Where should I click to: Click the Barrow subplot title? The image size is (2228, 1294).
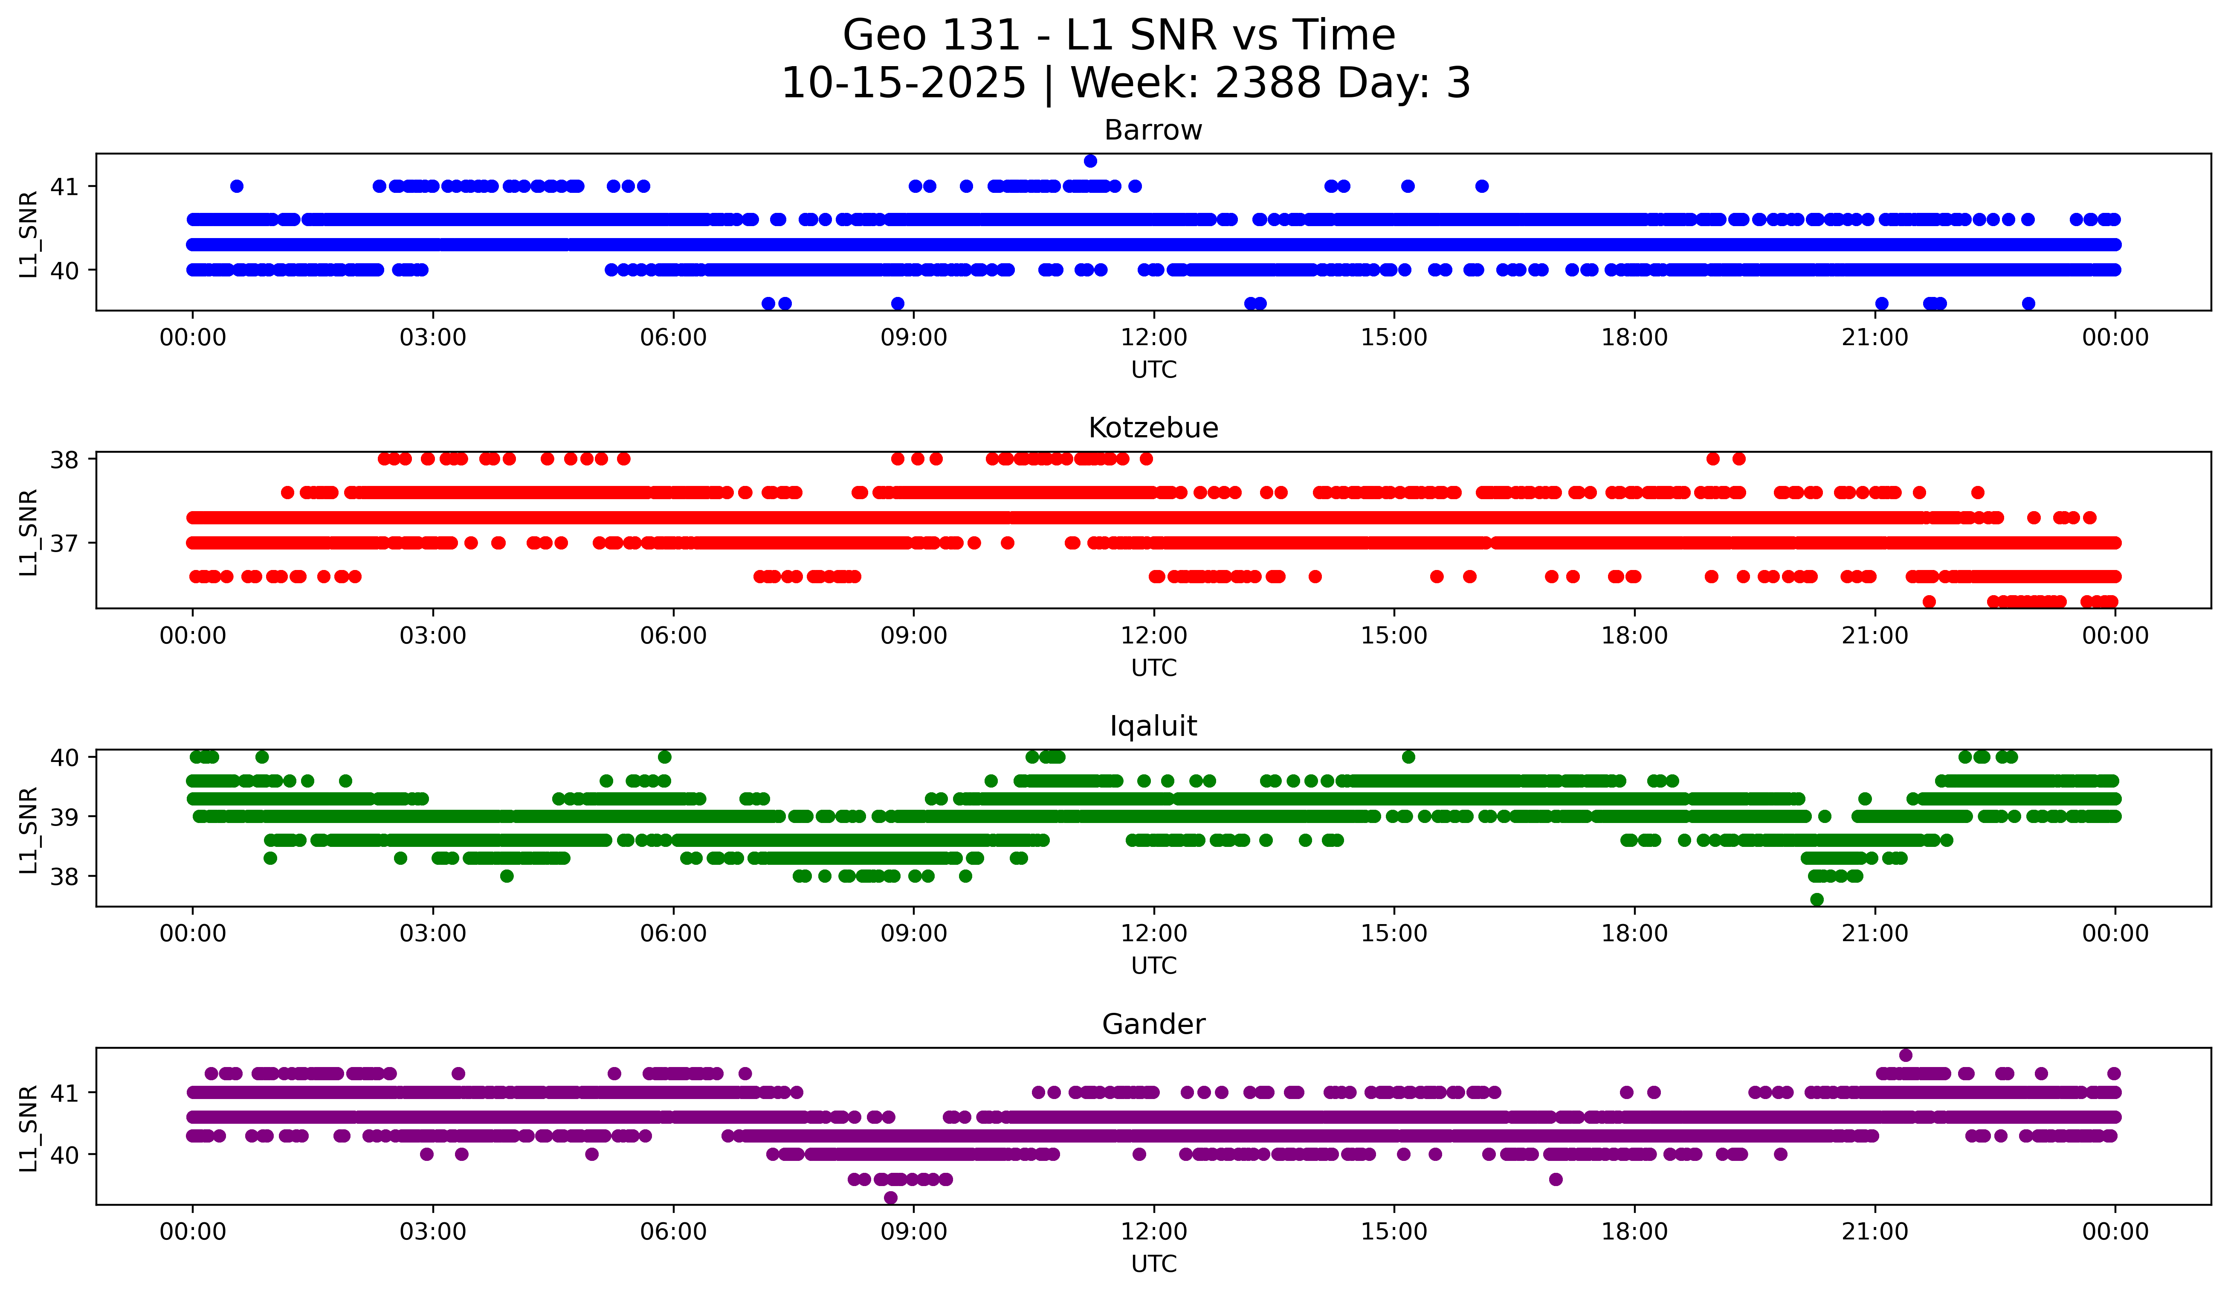1153,130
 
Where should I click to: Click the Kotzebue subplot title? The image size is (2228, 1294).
1153,428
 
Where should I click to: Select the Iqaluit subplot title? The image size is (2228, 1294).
1153,726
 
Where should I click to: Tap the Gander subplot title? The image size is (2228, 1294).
1153,1024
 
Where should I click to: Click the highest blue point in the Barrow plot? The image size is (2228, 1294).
1090,161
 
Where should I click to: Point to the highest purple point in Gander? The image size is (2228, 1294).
1905,1055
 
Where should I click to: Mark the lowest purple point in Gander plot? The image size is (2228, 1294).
890,1198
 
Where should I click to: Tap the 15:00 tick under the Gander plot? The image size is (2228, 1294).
1394,1231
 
